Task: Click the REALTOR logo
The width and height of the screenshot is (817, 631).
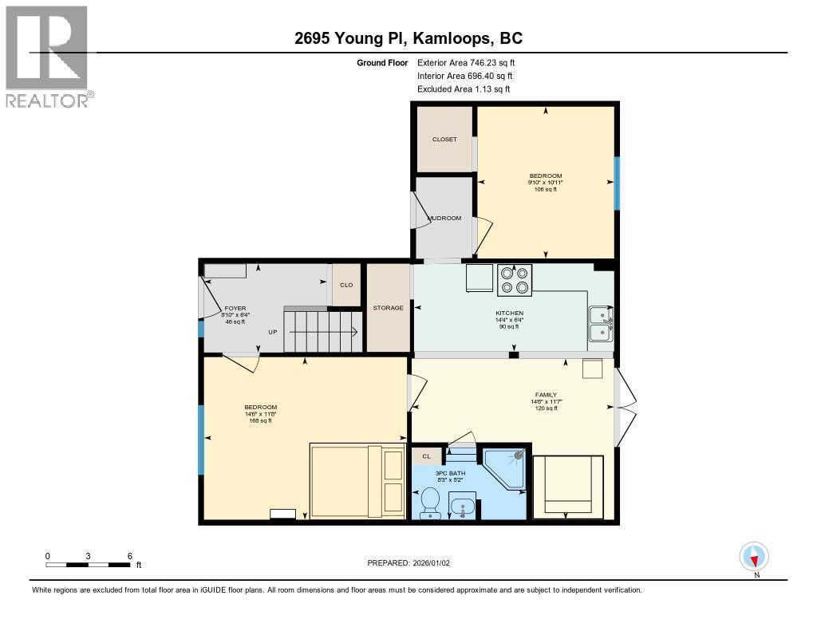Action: coord(49,57)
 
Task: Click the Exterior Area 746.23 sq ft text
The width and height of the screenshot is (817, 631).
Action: coord(466,62)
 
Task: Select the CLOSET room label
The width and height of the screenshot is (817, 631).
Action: coord(444,140)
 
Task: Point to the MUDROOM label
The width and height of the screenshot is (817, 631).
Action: coord(444,218)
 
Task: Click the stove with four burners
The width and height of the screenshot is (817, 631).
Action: coord(515,280)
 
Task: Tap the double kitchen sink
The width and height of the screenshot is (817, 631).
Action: coord(602,324)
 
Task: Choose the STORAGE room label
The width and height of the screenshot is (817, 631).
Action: coord(389,308)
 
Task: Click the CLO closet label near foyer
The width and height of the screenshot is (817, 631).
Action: coord(346,285)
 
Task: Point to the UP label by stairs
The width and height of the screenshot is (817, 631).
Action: coord(273,332)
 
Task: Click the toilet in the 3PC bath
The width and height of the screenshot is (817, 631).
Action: coord(430,503)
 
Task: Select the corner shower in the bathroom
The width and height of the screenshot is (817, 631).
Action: coord(504,469)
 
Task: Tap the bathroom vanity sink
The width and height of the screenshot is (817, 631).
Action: coord(462,506)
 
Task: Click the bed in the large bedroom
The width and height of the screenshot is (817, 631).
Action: coord(357,480)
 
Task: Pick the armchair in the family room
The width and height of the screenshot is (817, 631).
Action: coord(568,487)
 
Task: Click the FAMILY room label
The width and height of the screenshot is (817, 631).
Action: coord(546,395)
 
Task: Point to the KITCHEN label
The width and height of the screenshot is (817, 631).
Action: coord(510,314)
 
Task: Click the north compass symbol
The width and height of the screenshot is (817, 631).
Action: coord(754,557)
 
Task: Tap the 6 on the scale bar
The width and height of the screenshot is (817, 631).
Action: coord(130,557)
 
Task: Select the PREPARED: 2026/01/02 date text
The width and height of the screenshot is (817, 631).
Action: coord(408,563)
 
